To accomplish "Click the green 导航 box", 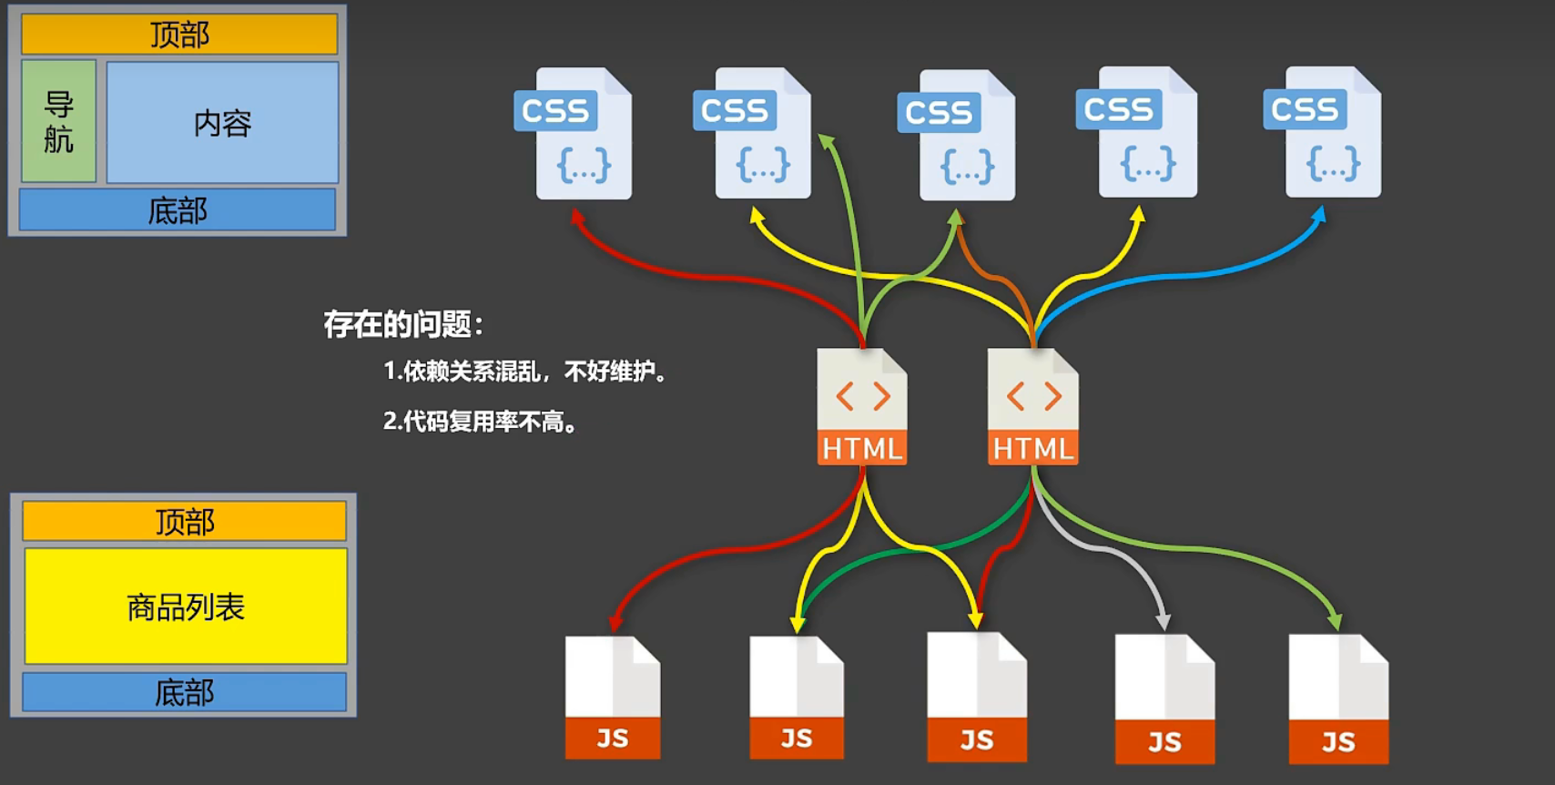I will (x=58, y=121).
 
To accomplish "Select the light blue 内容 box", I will (x=222, y=122).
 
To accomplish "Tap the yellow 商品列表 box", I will (x=186, y=607).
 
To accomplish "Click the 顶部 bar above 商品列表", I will (x=185, y=522).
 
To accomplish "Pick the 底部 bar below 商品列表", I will (x=185, y=692).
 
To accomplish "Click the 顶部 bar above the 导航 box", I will (x=179, y=35).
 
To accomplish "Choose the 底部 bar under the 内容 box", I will (x=178, y=210).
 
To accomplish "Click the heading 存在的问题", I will (x=403, y=324).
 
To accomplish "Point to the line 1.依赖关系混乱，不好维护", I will (x=525, y=372).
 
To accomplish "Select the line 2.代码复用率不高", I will (x=481, y=422).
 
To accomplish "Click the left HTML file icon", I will (x=861, y=406).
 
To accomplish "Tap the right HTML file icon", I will (x=1032, y=406).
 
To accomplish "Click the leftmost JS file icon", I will (x=613, y=698).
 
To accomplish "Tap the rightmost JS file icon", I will (x=1337, y=699).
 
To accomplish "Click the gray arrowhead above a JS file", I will (x=1163, y=622).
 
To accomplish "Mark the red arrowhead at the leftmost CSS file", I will (x=576, y=217).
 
